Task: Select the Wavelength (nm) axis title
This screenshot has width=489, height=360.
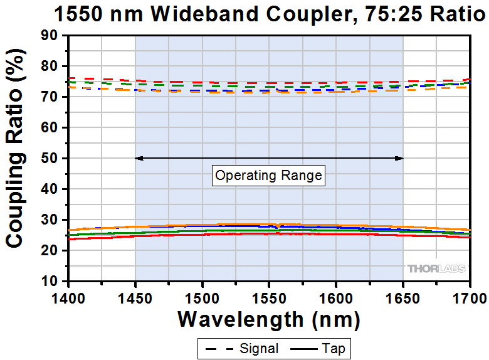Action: pos(269,319)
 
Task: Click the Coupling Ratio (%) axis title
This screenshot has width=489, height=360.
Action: pos(16,157)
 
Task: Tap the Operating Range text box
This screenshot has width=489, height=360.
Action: pos(268,176)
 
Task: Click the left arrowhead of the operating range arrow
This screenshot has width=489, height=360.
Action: pos(138,158)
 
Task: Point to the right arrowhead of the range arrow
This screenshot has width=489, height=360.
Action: pos(400,158)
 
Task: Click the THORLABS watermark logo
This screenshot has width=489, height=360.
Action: pos(437,268)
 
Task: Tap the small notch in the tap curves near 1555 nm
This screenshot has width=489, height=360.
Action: pos(278,225)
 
